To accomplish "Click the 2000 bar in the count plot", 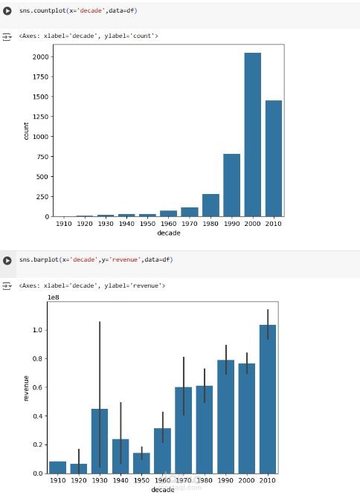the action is (253, 135).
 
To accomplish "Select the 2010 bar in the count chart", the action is (274, 158).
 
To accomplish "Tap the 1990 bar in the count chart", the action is (232, 185).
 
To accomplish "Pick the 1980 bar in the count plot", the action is (210, 205).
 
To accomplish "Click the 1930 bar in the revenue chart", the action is (100, 441).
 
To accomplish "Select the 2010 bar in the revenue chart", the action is (268, 399).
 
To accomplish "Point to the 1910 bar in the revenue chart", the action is (57, 468).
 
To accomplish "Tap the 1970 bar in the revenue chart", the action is (184, 430).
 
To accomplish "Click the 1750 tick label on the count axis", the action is (40, 77).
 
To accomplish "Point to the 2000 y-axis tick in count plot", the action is (40, 57).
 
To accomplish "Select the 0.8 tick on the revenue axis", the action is (37, 358).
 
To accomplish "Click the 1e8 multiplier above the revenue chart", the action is (54, 297).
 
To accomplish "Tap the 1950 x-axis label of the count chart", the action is (147, 224).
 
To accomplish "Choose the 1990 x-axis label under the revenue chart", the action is (225, 480).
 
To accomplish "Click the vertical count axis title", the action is (26, 131).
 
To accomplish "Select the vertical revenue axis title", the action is (26, 388).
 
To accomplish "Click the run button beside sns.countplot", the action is (7, 11).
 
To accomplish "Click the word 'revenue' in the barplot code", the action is (125, 259).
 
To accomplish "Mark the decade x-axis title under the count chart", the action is (169, 233).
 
